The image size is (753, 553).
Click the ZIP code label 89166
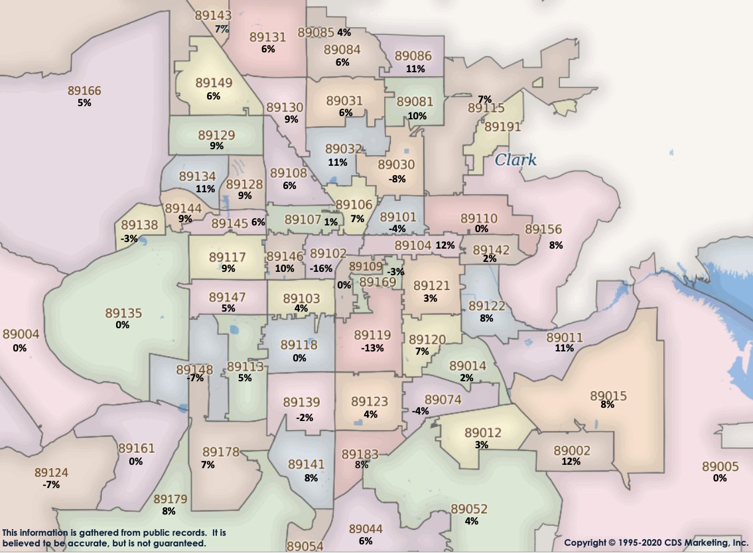point(84,90)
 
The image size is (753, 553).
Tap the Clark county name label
point(515,160)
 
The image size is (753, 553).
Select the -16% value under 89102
point(320,268)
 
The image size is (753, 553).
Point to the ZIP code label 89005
point(720,466)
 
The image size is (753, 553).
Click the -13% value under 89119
point(372,348)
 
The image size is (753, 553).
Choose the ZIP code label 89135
point(123,312)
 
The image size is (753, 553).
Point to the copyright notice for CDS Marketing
point(655,542)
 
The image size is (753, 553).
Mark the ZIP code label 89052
point(469,509)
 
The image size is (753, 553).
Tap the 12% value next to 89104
point(445,245)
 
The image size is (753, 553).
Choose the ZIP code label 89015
point(608,396)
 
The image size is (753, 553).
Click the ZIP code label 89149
point(214,84)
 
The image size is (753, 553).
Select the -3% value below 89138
point(129,238)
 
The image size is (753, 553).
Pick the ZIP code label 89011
point(565,338)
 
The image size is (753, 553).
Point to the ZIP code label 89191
point(502,127)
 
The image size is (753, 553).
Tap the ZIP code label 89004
point(21,334)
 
